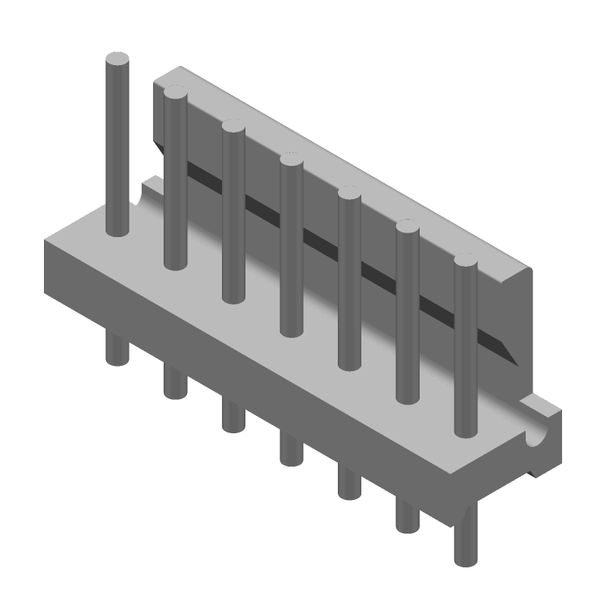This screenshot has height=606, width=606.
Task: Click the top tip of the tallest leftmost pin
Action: coord(117,59)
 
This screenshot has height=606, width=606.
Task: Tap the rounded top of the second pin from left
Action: coord(175,95)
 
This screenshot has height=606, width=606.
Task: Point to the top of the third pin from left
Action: coord(233,127)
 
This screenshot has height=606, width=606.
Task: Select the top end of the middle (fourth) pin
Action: coord(292,160)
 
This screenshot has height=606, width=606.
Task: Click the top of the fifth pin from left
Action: coord(349,193)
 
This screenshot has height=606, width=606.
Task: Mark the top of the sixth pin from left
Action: coord(408,227)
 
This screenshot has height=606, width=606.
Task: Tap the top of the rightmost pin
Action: coord(466,262)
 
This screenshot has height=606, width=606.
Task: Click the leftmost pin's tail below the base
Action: coord(117,350)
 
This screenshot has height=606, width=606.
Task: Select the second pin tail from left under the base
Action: coord(175,383)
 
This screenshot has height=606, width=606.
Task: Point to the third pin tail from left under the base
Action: coord(233,417)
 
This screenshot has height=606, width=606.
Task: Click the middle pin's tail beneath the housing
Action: coord(291,450)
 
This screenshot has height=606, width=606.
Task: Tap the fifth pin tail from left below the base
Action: coord(349,483)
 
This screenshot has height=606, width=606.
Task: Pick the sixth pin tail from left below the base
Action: coord(408,516)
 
